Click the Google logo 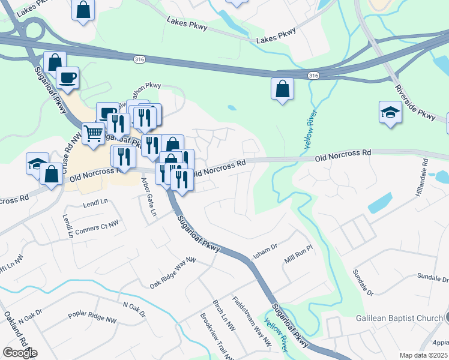point(20,353)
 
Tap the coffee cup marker point(67,77)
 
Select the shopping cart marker point(92,133)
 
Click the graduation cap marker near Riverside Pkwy point(390,112)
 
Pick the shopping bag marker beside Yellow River point(282,89)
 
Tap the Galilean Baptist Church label point(399,317)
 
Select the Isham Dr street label point(265,251)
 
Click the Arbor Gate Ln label point(148,196)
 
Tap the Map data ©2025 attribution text point(423,355)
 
